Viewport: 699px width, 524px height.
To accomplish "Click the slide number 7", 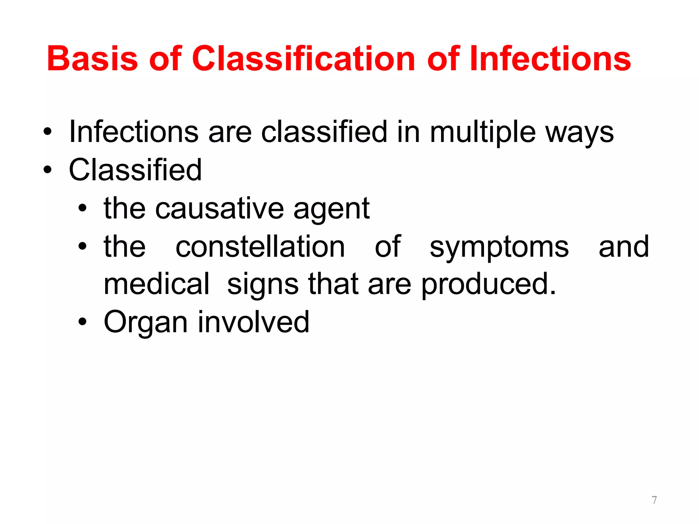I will coord(654,500).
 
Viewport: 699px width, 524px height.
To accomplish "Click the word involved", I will coord(253,322).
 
